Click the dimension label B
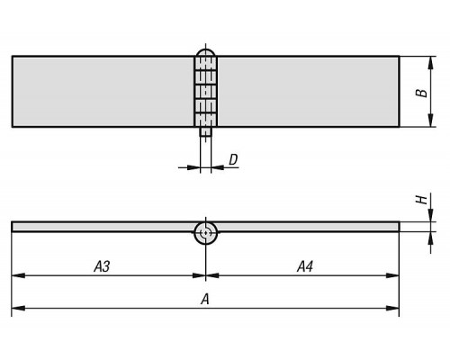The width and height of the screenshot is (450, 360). click(422, 93)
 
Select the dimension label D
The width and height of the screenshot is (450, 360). click(233, 160)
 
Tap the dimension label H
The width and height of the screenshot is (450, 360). click(422, 200)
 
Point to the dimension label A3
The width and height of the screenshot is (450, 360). click(102, 266)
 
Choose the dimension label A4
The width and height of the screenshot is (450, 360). click(305, 266)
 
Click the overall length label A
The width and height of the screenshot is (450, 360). click(205, 299)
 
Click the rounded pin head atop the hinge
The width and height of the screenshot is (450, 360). click(205, 53)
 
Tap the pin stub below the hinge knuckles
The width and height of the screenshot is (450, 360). click(206, 131)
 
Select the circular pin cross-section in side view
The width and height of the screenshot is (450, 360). click(206, 233)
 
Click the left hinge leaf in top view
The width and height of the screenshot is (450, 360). click(103, 92)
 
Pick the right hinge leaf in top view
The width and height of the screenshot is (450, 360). click(308, 92)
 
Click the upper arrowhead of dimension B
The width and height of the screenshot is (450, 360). click(431, 62)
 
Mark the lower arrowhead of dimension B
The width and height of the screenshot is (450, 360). click(431, 121)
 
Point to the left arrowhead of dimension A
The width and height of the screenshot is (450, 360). click(18, 308)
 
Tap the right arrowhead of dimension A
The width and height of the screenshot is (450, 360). click(392, 308)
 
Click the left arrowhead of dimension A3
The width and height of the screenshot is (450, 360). click(18, 275)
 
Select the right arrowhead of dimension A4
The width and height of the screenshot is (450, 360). click(392, 275)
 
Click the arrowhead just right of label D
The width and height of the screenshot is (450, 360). click(218, 167)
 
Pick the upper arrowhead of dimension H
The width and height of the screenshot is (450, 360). click(431, 215)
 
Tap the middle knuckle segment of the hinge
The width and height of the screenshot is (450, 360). click(206, 92)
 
